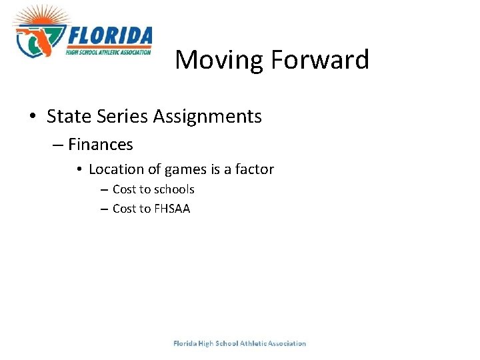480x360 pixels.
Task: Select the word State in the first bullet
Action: point(67,117)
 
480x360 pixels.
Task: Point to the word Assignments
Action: point(207,117)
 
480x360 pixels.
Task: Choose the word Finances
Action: point(101,144)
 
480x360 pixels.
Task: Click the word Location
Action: point(115,169)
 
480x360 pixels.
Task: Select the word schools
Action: point(173,189)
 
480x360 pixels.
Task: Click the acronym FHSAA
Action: point(172,209)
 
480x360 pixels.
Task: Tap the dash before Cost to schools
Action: point(104,190)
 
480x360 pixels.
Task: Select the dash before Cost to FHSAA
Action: point(104,209)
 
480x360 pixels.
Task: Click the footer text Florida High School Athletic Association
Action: point(239,343)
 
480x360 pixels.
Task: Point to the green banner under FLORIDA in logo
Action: point(109,51)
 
